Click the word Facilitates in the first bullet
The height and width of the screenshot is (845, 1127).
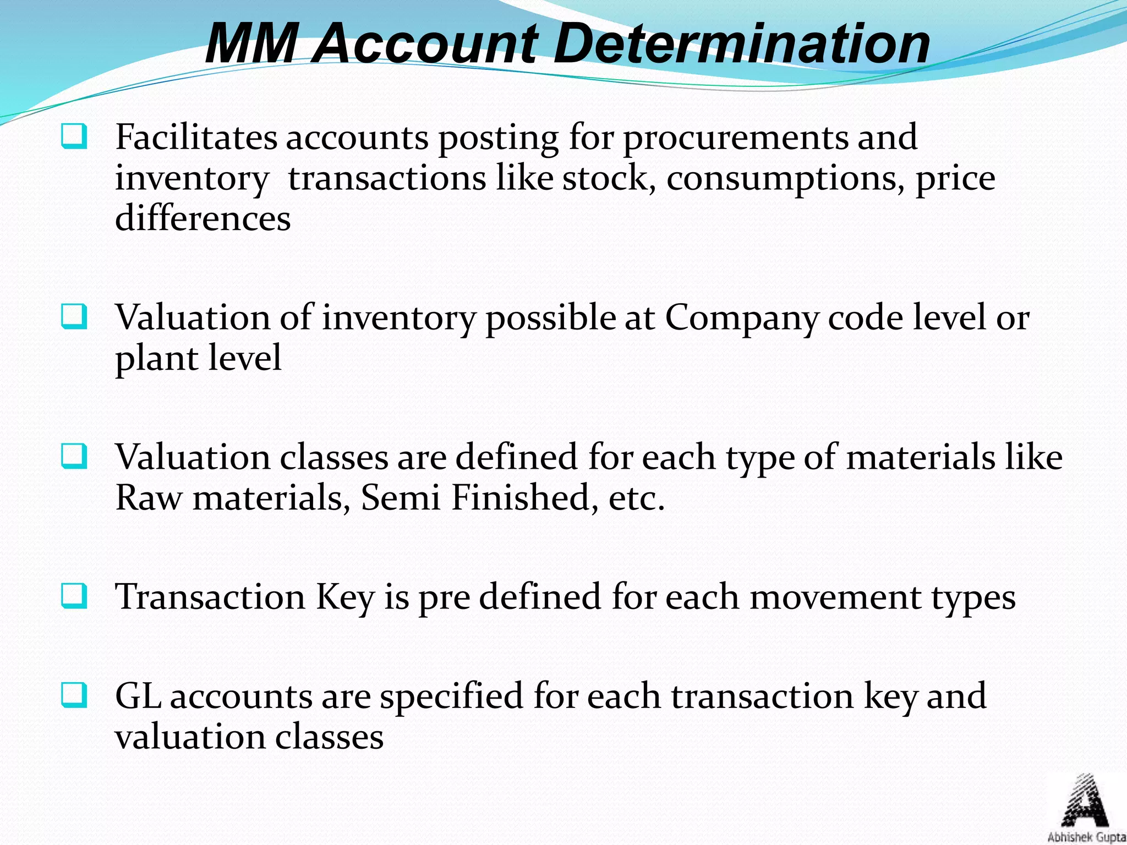[x=196, y=137]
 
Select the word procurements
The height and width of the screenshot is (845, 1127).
[x=735, y=138]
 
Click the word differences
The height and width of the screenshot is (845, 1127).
[x=203, y=218]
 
